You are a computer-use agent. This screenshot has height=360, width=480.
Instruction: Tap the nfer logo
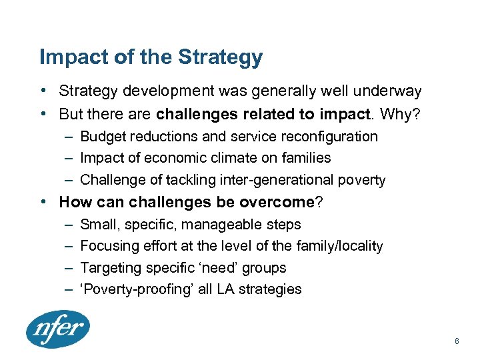coord(57,329)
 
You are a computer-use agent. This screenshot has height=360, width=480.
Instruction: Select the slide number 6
coord(457,341)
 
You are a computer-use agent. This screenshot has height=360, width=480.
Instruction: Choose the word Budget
coord(102,137)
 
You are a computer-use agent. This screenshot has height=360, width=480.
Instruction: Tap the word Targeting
coord(109,268)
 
